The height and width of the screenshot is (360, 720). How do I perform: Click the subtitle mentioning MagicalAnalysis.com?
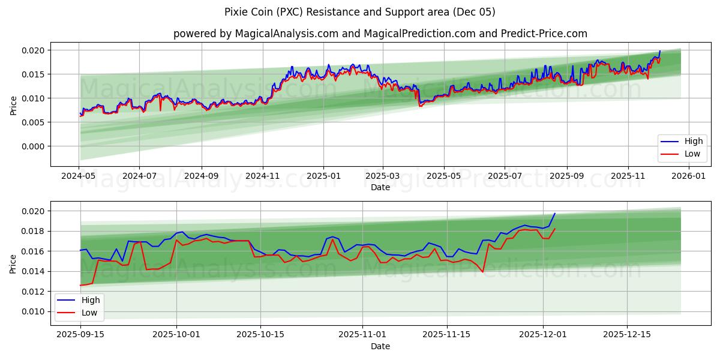tap(380, 34)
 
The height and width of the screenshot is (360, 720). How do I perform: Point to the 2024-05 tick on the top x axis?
tap(79, 176)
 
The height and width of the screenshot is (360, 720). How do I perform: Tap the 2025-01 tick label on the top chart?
tap(323, 176)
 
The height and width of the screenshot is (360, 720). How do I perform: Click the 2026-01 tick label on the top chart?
tap(689, 176)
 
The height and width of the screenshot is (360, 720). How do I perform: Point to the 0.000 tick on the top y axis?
tap(34, 146)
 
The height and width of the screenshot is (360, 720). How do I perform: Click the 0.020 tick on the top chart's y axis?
tap(34, 50)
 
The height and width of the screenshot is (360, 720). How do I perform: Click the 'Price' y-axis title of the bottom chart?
tap(13, 263)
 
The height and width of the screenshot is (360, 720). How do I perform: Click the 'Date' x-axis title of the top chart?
tap(380, 187)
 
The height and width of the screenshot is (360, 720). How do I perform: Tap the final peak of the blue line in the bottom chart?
tap(554, 214)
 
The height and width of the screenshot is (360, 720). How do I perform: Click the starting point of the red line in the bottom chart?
tap(80, 285)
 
